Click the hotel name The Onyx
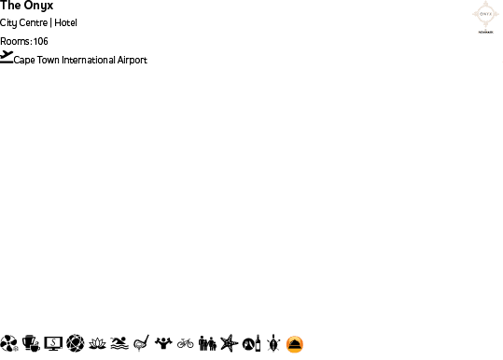coord(27,6)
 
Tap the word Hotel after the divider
coord(66,22)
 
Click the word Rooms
coord(14,41)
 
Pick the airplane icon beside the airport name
coord(7,57)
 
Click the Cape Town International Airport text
coord(80,61)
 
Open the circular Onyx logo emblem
coord(483,13)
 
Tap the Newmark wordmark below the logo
coord(483,31)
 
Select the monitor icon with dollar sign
coord(53,343)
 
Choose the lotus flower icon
coord(97,343)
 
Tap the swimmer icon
coord(119,343)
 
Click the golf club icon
coord(141,343)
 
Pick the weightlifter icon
coord(163,343)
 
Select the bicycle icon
coord(185,343)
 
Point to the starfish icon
coord(229,343)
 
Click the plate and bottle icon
coord(250,343)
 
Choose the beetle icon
coord(272,343)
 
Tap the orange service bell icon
coord(294,343)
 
